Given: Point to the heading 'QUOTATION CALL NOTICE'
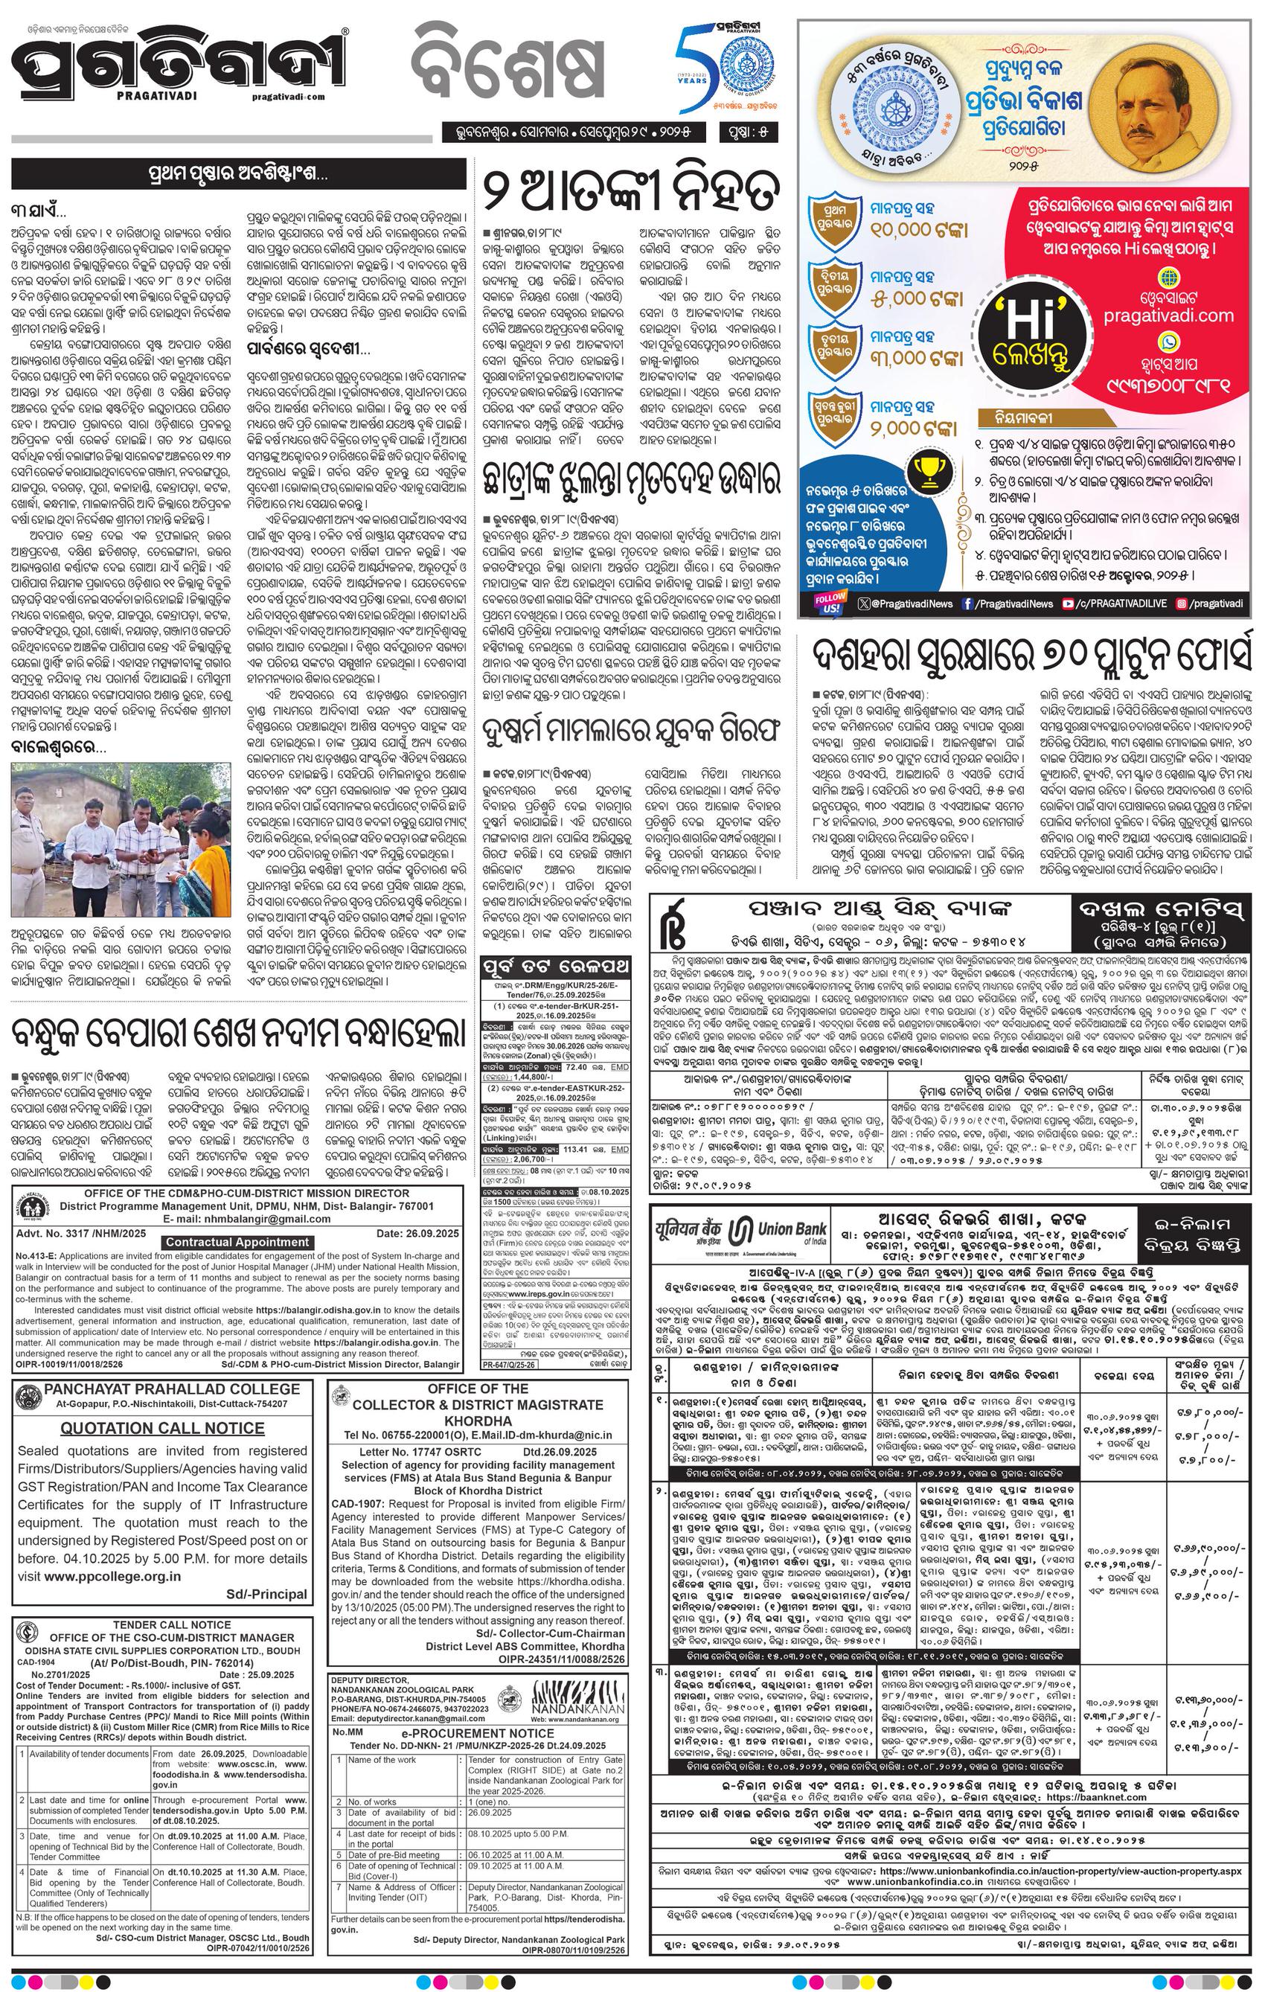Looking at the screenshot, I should coord(162,1429).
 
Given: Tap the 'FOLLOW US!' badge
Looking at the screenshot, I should coord(830,604).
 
